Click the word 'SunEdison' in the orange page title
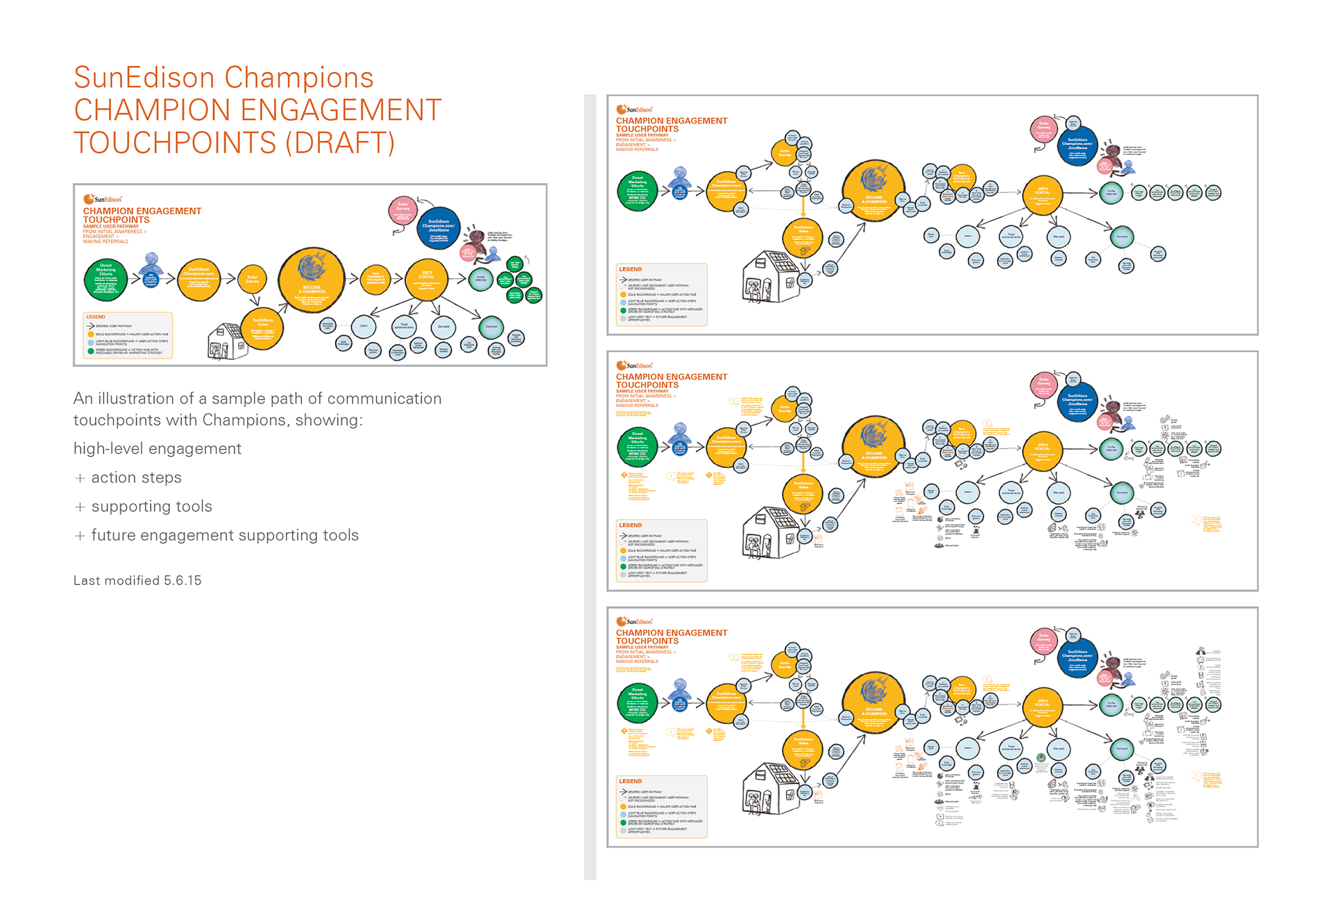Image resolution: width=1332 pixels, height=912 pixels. [x=144, y=78]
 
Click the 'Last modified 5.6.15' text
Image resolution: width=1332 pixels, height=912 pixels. [x=137, y=580]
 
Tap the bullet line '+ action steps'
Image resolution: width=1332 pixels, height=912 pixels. [x=129, y=478]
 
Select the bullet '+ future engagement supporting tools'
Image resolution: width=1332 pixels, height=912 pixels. [x=216, y=535]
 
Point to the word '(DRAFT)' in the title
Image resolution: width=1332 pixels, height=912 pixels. [x=340, y=143]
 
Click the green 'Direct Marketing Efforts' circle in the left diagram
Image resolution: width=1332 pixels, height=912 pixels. [x=105, y=279]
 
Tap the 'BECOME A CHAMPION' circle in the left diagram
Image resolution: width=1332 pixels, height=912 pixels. [x=311, y=280]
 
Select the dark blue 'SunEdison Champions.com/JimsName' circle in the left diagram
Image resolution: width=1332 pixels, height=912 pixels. [x=438, y=227]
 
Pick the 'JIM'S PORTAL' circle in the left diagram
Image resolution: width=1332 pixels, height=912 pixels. [x=426, y=279]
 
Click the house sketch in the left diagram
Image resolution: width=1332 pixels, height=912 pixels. [x=227, y=341]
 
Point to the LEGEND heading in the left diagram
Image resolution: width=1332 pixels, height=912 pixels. [x=96, y=317]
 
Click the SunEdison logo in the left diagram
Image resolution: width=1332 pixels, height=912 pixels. [x=102, y=199]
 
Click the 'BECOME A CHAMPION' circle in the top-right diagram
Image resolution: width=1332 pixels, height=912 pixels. [x=873, y=191]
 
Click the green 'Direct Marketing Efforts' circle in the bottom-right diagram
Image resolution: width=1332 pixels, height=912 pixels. [x=637, y=702]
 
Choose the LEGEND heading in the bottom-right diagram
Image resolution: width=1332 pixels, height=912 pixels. [x=631, y=782]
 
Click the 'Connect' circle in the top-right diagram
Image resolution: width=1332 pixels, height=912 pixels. [x=1122, y=236]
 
